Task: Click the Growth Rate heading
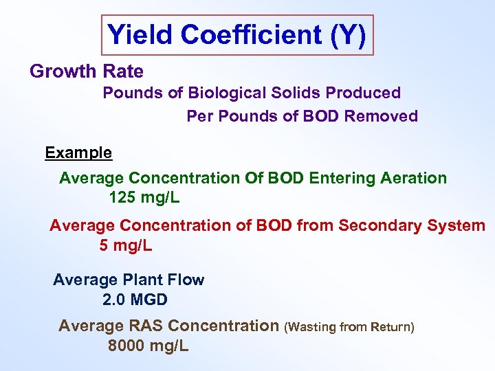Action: point(87,71)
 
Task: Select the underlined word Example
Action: point(78,153)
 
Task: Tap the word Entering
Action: point(341,179)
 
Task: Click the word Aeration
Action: point(412,179)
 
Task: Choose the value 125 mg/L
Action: point(144,199)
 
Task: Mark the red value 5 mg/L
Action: point(126,245)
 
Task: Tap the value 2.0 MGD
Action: point(135,300)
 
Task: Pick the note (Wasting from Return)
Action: point(349,327)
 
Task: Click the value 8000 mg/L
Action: point(148,346)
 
